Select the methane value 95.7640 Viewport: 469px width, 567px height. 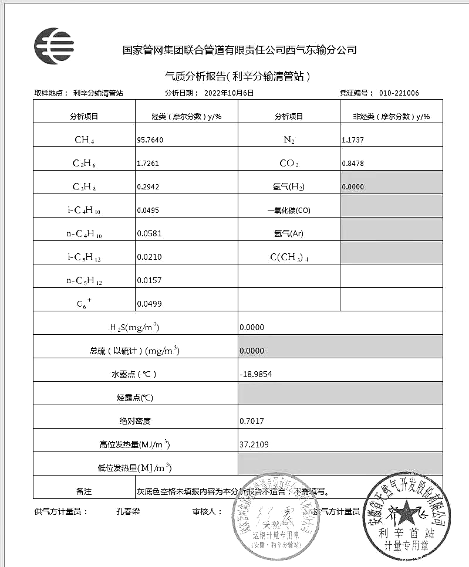pos(150,140)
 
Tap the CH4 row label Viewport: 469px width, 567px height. pos(85,140)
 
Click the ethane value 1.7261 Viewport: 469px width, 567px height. pos(147,164)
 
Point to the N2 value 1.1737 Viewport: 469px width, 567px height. pos(353,140)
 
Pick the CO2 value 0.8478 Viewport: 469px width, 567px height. pos(353,164)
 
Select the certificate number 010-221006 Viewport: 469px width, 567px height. pos(399,93)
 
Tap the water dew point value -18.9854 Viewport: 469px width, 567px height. pos(257,374)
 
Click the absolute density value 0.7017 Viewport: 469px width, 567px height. pos(252,421)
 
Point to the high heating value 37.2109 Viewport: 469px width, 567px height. pos(254,444)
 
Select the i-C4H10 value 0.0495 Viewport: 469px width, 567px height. pos(147,210)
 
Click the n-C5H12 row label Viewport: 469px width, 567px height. pos(85,280)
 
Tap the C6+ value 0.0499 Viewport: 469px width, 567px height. pos(147,304)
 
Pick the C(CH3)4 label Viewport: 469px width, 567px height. pos(289,257)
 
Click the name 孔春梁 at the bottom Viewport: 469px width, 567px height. pos(128,511)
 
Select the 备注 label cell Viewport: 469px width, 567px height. pos(85,491)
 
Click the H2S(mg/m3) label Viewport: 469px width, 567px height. pos(136,327)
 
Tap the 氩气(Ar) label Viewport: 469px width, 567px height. pos(289,233)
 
